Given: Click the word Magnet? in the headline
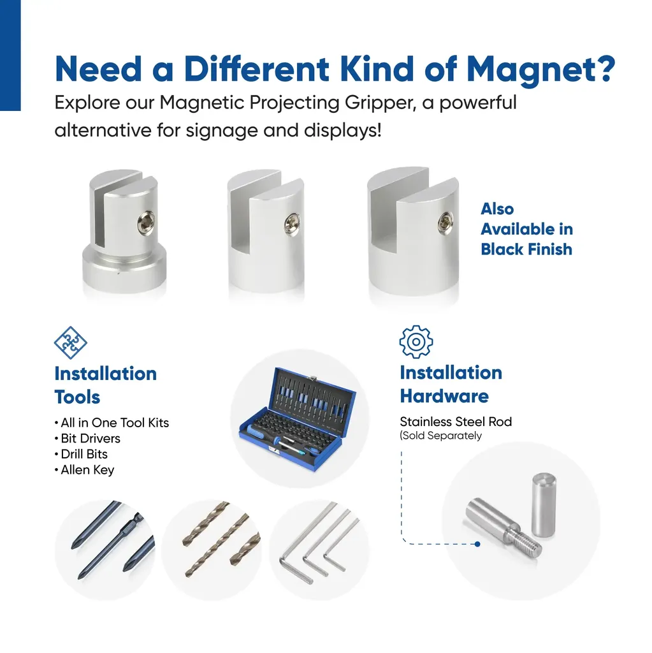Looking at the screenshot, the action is tap(540, 70).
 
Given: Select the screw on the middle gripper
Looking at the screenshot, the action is tap(293, 223).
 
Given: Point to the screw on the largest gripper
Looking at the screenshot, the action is tap(446, 221).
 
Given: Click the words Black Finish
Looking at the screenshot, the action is tap(526, 249).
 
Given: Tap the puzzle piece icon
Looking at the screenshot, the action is tap(70, 342).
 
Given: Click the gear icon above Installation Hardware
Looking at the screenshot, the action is tap(416, 342).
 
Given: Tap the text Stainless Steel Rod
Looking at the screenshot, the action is tap(456, 422).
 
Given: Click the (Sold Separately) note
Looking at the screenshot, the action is tap(440, 436).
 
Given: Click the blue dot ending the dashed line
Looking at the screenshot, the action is tap(477, 544).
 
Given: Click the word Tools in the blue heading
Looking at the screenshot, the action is tap(77, 397).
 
